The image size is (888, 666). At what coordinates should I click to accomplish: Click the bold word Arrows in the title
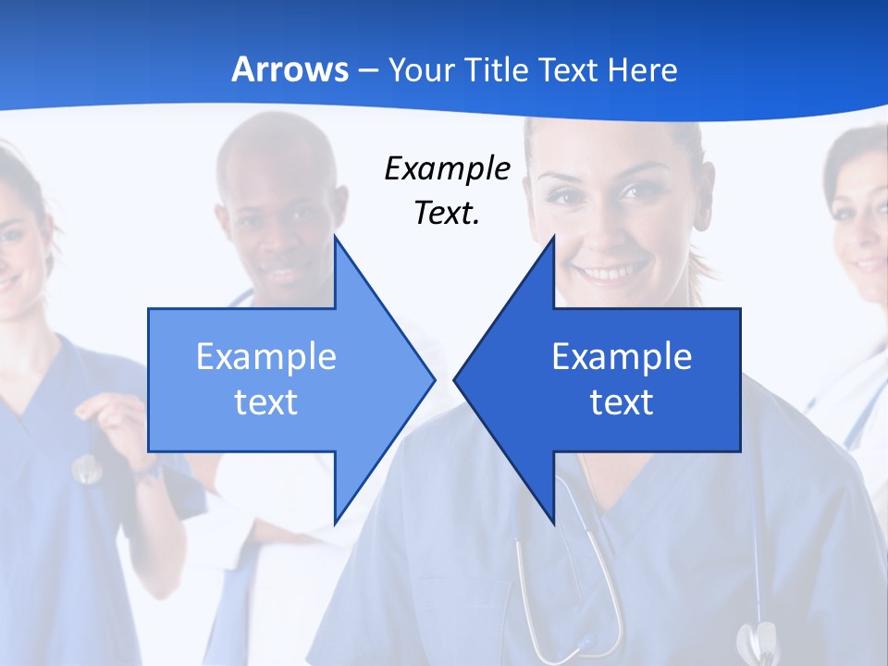point(290,69)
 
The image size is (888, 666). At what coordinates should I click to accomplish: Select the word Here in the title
point(642,69)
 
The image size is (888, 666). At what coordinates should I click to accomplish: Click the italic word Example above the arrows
point(447,168)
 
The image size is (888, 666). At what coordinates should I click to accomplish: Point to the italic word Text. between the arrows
point(447,213)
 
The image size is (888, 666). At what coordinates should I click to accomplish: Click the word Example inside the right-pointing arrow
point(266,356)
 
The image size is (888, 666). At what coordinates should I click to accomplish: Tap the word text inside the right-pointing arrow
point(266,401)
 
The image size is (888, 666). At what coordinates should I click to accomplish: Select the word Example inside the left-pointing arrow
point(622,356)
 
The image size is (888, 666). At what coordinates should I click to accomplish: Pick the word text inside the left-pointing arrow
point(622,401)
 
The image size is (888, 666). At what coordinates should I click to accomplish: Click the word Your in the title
point(422,69)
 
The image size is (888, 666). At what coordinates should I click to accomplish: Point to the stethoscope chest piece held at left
point(87,470)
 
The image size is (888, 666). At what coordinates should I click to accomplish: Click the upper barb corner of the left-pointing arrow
point(554,237)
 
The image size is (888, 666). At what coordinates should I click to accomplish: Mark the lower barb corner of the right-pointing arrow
point(335,522)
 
